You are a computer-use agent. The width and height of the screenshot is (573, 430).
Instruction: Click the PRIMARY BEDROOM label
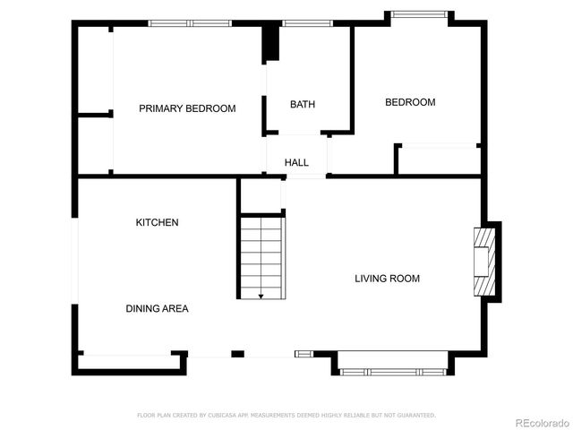(187, 108)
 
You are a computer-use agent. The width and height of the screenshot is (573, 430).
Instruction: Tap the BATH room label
(303, 105)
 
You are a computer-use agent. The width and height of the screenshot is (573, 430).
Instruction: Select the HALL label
(296, 163)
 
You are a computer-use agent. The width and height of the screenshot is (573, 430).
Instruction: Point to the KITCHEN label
(157, 222)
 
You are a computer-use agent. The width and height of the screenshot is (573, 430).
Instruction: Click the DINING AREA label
(157, 308)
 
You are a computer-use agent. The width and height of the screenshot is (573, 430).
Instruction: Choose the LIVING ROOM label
(387, 279)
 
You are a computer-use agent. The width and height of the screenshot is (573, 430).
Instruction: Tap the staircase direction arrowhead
(261, 296)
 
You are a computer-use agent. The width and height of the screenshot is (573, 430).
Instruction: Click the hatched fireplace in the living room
(483, 261)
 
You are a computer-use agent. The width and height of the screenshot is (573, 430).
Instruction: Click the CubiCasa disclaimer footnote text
(286, 416)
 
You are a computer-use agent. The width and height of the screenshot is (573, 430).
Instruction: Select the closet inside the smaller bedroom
(439, 159)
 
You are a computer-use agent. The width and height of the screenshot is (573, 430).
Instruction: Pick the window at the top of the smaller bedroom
(418, 13)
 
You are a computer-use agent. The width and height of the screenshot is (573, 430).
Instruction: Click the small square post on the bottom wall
(237, 355)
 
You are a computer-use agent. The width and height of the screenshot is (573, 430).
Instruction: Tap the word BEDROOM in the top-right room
(410, 102)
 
